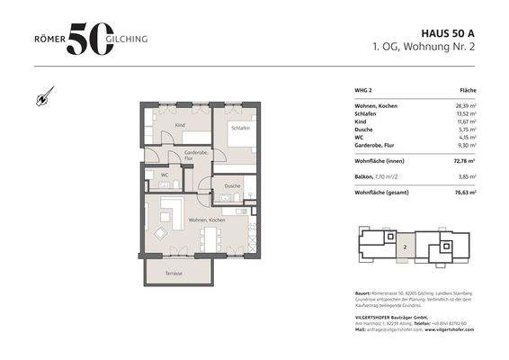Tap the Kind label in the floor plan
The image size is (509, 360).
(x=179, y=125)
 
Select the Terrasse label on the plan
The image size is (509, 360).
(x=174, y=273)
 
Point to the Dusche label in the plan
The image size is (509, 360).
(x=233, y=186)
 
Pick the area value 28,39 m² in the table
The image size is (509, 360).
(x=463, y=105)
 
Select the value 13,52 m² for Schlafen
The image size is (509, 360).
(x=463, y=113)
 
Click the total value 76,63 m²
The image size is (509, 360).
(x=463, y=192)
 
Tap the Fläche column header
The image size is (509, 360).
(x=468, y=91)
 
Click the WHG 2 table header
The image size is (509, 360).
(x=364, y=91)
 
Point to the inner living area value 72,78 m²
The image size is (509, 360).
(x=463, y=161)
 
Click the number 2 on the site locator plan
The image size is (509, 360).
(x=405, y=244)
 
